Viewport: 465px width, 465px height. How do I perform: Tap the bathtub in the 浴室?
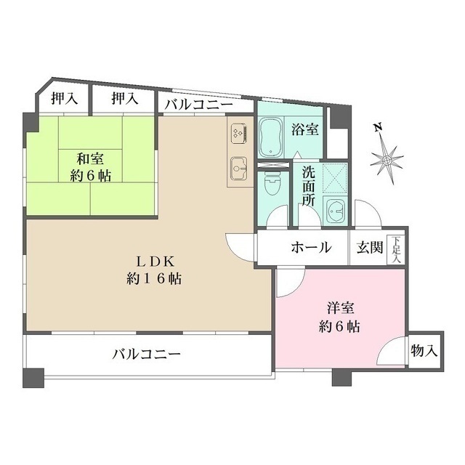[270, 137]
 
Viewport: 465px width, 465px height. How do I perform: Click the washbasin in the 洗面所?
[336, 211]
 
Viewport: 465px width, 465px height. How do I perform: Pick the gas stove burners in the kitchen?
[238, 133]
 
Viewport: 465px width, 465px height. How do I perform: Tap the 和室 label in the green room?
[90, 158]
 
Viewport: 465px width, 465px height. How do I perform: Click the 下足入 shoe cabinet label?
[397, 249]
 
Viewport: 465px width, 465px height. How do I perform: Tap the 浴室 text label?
[304, 131]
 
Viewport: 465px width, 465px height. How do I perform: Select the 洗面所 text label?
[309, 186]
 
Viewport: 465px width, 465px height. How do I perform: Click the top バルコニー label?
[198, 105]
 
